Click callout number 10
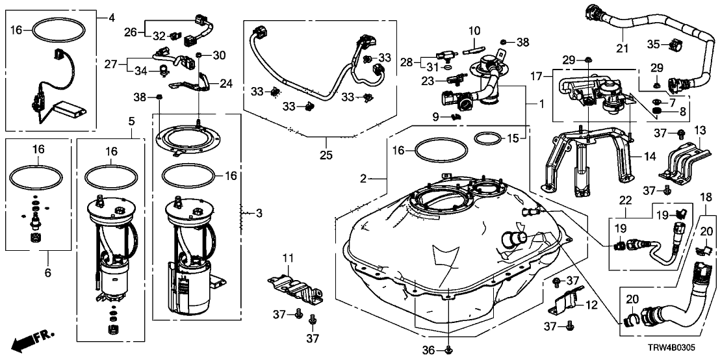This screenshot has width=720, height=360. click(474, 30)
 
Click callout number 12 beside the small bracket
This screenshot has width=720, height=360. click(591, 305)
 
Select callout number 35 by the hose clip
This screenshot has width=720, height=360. click(653, 44)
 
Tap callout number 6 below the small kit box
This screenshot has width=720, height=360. click(47, 274)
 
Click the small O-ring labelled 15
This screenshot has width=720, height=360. click(487, 138)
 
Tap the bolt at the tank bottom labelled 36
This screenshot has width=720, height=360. click(449, 351)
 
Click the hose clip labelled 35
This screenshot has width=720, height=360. click(675, 45)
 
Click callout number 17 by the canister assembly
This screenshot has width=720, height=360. click(536, 75)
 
